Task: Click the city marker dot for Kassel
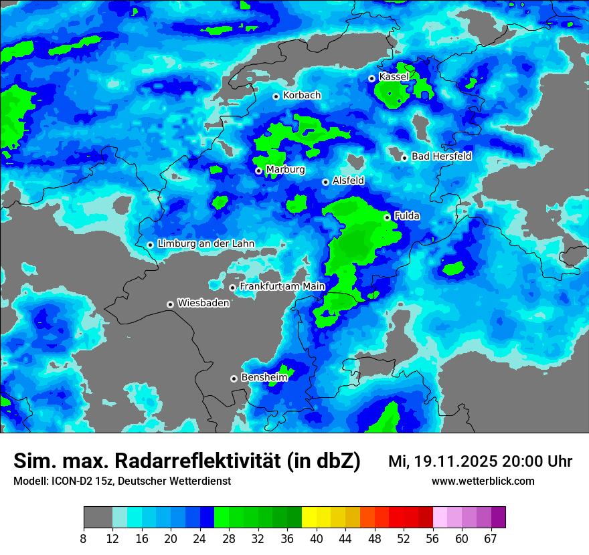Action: [x=371, y=78]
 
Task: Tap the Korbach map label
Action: [x=302, y=96]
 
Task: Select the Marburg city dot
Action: [x=258, y=171]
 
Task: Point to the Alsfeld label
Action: [x=348, y=181]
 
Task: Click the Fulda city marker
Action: [x=387, y=217]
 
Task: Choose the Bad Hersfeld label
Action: [x=441, y=156]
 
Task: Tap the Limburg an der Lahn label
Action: [x=205, y=243]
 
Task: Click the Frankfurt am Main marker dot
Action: [x=232, y=288]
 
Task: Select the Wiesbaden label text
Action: [x=203, y=303]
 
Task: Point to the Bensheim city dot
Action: [x=234, y=378]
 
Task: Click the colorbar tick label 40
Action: [x=317, y=538]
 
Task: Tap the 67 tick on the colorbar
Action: [x=491, y=538]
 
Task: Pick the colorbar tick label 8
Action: [x=84, y=538]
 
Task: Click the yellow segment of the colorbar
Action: [x=309, y=518]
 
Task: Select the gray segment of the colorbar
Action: [x=98, y=518]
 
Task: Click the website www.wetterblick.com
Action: [x=483, y=481]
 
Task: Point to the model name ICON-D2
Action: [x=68, y=481]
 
